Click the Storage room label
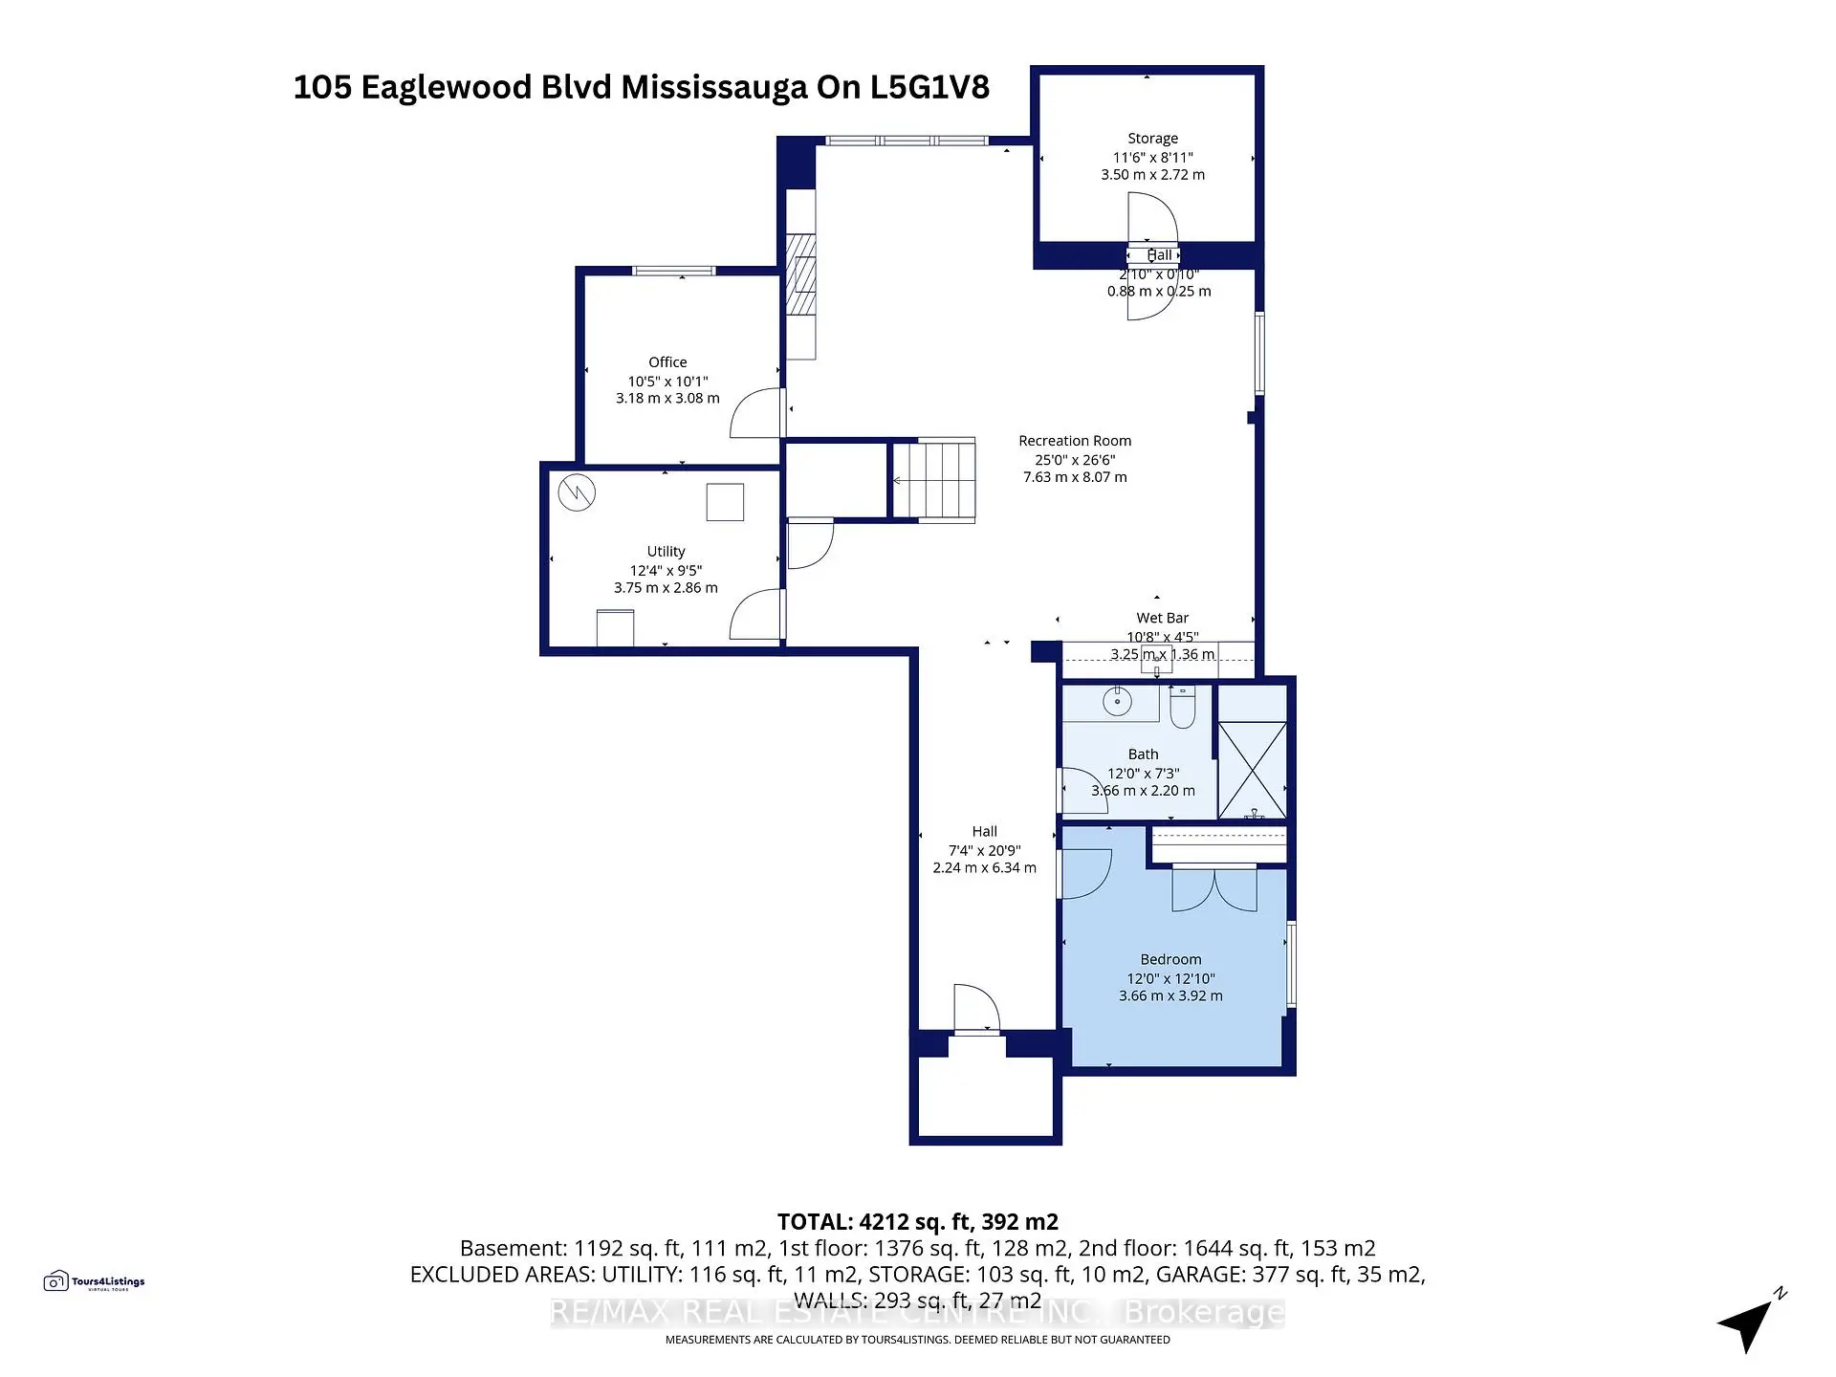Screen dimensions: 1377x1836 coord(1152,139)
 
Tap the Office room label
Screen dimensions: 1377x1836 coord(667,362)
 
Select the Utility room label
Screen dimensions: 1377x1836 coord(666,552)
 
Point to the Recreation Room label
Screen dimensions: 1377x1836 coord(1075,441)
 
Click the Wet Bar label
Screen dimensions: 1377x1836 coord(1162,618)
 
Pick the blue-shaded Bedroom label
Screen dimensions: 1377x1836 coord(1170,959)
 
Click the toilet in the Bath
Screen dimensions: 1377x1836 coord(1183,708)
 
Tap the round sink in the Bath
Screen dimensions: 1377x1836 coord(1117,702)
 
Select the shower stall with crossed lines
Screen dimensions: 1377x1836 coord(1252,770)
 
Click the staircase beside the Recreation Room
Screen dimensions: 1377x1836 coord(933,480)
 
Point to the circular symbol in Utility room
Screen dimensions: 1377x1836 coord(578,493)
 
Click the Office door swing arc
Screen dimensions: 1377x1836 coord(755,413)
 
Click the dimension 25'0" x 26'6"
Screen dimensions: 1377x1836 coord(1075,459)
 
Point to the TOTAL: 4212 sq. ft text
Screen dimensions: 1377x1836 coord(917,1222)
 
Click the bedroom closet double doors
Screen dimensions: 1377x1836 coord(1214,889)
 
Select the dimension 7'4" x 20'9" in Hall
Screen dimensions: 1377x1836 coord(984,850)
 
